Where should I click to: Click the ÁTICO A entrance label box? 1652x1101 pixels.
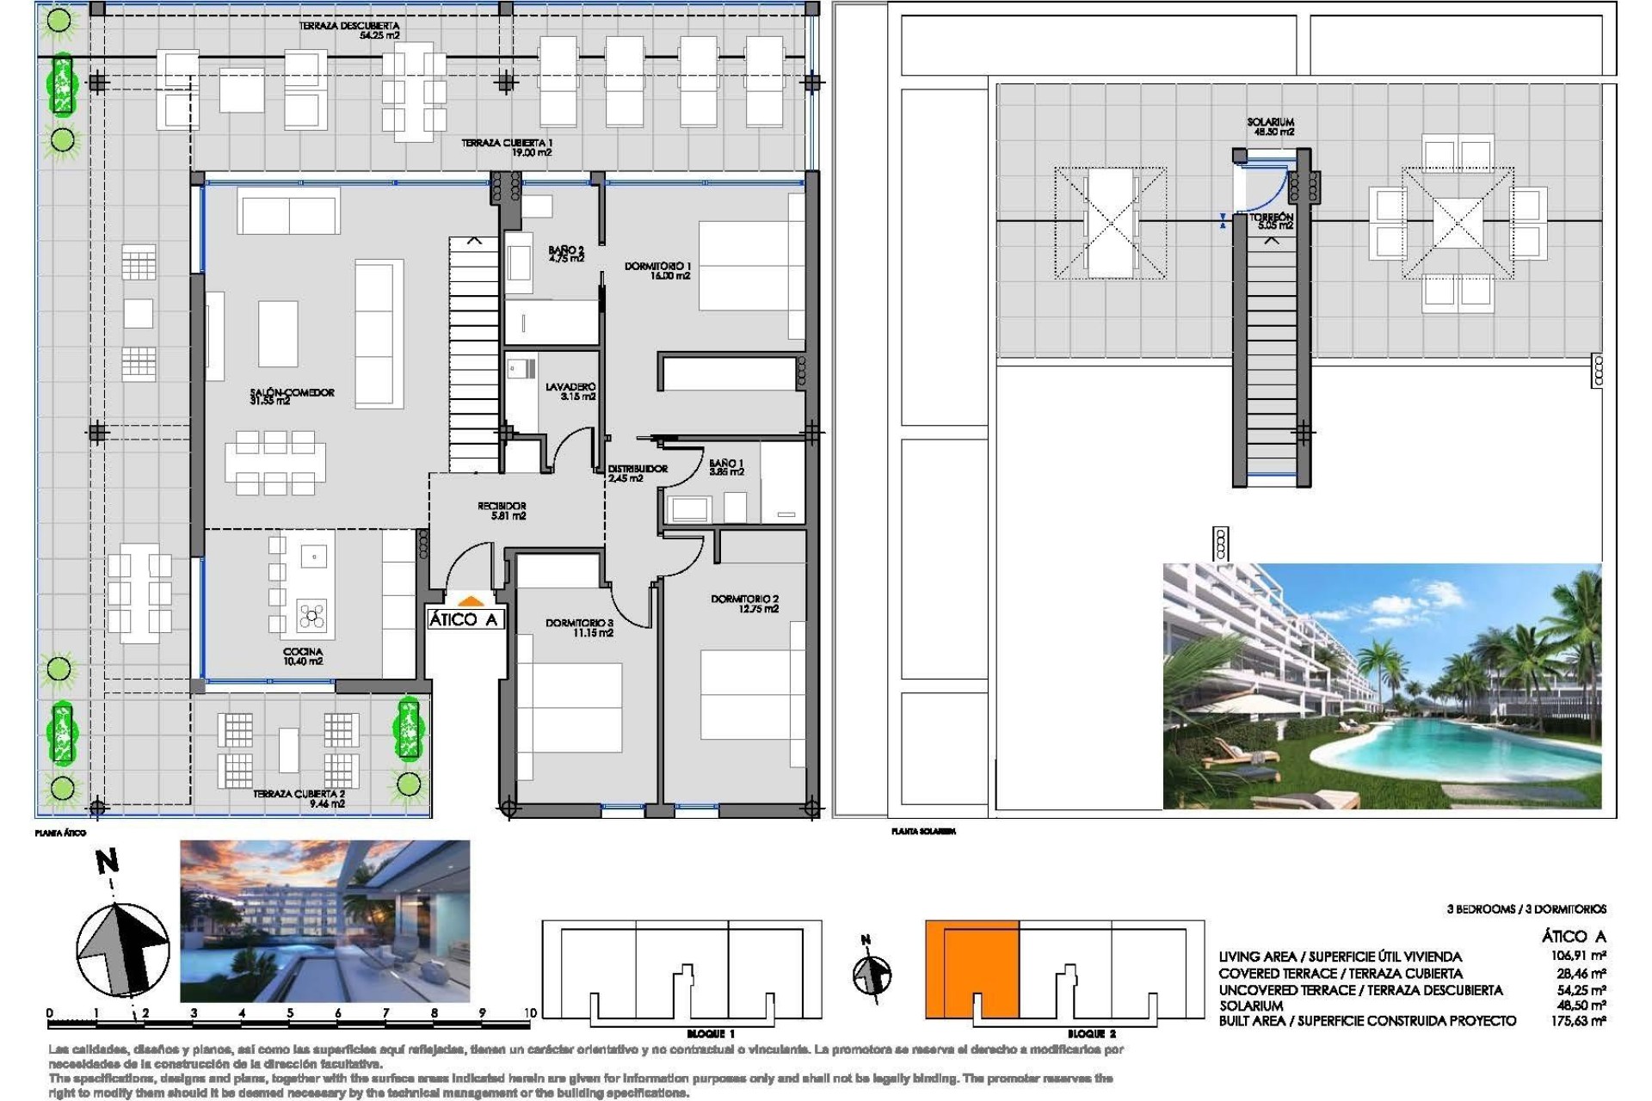(x=464, y=619)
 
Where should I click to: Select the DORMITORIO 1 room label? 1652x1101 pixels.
(x=657, y=271)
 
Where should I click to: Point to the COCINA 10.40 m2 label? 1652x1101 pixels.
(x=303, y=656)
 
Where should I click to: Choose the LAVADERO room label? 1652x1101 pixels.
(x=570, y=391)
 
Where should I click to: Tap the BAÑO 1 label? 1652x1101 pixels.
(x=726, y=467)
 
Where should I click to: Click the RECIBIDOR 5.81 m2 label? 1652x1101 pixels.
(x=502, y=511)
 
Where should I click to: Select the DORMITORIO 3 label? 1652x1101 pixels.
(x=579, y=627)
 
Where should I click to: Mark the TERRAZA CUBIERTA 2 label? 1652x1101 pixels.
(x=299, y=798)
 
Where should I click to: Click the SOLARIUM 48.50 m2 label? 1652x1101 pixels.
(x=1270, y=127)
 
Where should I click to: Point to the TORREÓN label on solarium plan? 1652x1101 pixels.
(x=1272, y=221)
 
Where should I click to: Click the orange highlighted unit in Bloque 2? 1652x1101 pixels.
(x=971, y=968)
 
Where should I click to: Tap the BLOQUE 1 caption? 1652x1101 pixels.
(x=710, y=1034)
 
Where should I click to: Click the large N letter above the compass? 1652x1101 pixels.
(x=107, y=861)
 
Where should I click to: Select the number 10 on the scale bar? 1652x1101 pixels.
(x=530, y=1012)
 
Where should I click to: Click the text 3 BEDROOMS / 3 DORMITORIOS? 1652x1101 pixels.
(x=1526, y=909)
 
